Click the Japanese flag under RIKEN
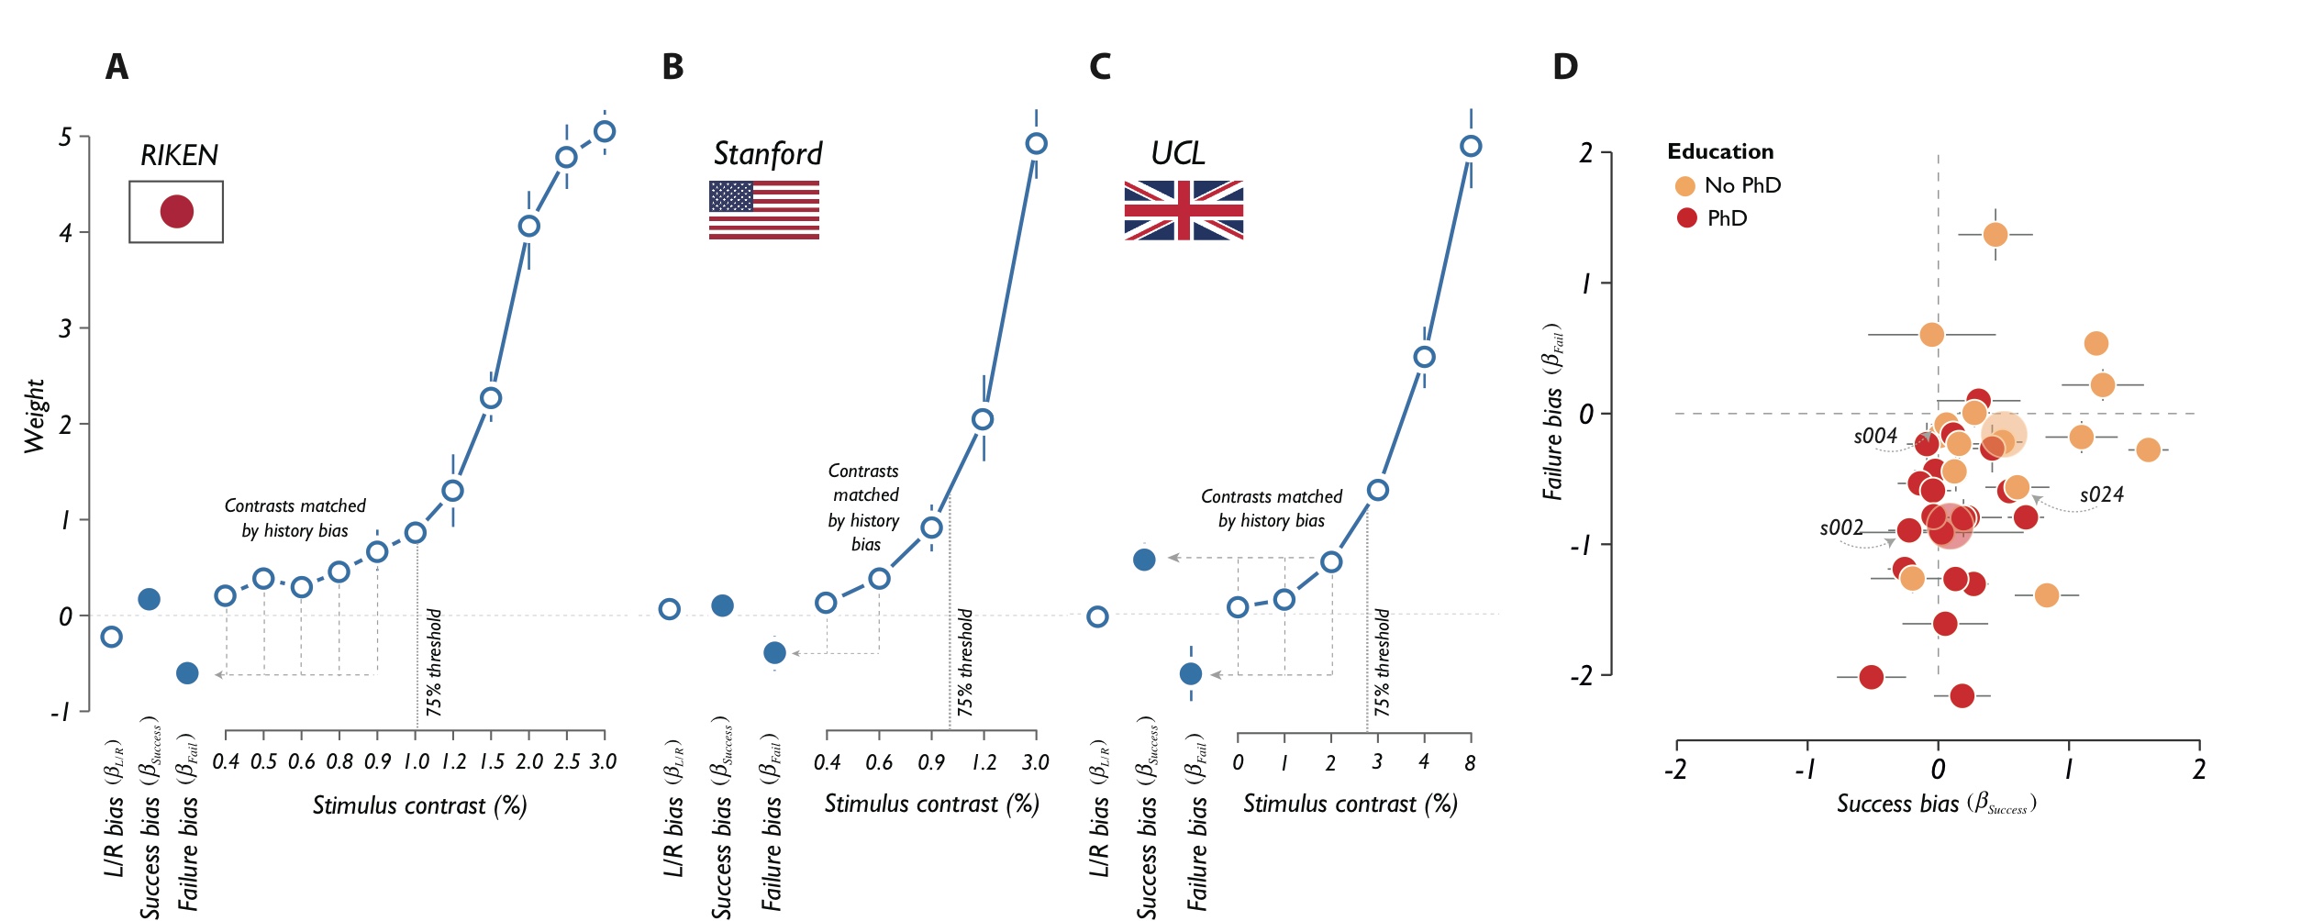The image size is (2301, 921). [176, 212]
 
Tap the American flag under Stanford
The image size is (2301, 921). [763, 210]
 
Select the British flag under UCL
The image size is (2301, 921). [1184, 210]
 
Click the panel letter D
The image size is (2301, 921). [1565, 67]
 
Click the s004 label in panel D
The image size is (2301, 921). [1875, 436]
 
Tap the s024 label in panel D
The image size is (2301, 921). [2101, 494]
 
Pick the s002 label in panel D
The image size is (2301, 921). [1841, 527]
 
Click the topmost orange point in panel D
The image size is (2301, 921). [1995, 235]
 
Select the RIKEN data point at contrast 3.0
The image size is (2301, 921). [604, 132]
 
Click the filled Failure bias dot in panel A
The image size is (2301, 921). [187, 673]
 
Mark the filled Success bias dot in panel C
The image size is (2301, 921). [1144, 560]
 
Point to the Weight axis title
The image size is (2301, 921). [35, 416]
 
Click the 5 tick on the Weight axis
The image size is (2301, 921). [65, 138]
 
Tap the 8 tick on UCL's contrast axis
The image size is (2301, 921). [1470, 762]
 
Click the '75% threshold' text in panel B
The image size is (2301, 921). [964, 662]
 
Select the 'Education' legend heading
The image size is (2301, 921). [1720, 151]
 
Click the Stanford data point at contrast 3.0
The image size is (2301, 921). [1036, 144]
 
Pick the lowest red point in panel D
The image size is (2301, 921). [1962, 696]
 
